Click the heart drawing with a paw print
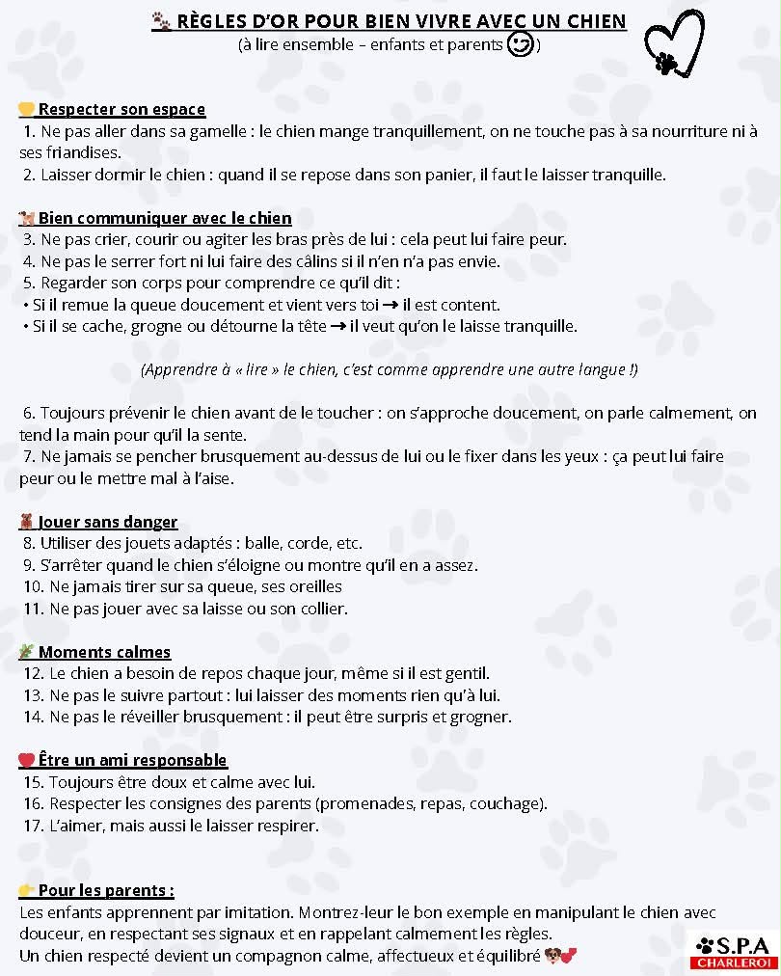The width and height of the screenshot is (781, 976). [x=674, y=44]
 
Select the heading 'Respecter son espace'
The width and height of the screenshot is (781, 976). [x=121, y=109]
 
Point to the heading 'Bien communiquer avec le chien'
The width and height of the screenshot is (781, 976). [x=165, y=218]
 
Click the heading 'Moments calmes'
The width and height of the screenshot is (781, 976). [x=104, y=652]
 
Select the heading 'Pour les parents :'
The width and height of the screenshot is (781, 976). [x=106, y=890]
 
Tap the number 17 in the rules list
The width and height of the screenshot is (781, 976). [x=33, y=827]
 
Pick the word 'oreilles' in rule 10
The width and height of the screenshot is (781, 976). [x=310, y=586]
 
